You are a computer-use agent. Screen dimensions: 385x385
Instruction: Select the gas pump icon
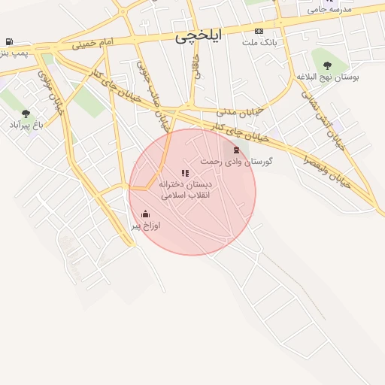[8, 42]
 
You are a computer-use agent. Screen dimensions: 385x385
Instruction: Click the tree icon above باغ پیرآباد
[26, 114]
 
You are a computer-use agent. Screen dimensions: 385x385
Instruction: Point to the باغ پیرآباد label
[26, 125]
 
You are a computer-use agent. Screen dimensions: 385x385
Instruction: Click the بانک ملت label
[259, 42]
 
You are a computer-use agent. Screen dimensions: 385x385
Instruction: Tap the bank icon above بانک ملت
[259, 32]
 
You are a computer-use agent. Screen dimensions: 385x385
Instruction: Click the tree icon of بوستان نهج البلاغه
[326, 65]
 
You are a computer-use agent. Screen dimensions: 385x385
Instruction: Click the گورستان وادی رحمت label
[236, 161]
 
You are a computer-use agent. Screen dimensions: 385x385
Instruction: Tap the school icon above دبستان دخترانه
[185, 173]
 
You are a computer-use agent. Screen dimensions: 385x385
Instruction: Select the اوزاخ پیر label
[147, 226]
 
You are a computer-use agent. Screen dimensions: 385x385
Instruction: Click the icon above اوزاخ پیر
[145, 214]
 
